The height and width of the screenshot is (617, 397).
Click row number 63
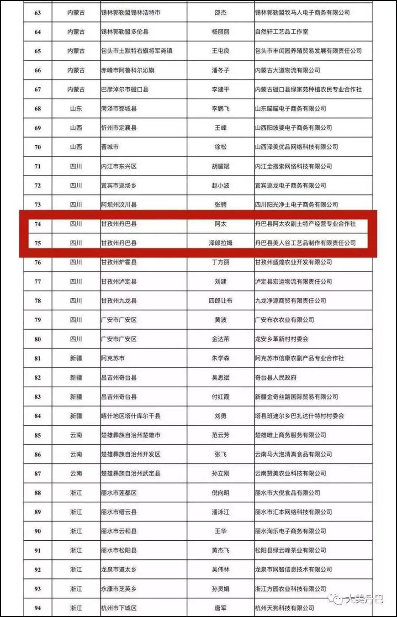coord(37,13)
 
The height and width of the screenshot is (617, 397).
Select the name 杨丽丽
coord(221,32)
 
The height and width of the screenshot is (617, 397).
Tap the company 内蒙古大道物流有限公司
coord(287,70)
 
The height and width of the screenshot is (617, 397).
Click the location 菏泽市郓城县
coord(119,109)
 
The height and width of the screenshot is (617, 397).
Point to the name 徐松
coord(221,147)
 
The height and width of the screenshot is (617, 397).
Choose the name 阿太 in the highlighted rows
coord(221,224)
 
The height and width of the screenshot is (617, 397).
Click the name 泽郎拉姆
coord(221,243)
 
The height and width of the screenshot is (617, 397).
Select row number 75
coord(37,243)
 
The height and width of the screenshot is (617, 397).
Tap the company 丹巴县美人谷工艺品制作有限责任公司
coord(305,243)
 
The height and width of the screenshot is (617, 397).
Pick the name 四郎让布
coord(221,301)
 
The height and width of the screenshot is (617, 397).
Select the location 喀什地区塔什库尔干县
coord(131,416)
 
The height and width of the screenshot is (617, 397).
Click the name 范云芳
coord(221,435)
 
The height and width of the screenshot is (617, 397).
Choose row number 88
coord(37,493)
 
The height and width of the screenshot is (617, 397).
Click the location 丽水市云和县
coord(119,531)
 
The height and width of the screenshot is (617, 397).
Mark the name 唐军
coord(221,608)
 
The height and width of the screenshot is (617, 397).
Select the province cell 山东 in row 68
coord(76,109)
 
